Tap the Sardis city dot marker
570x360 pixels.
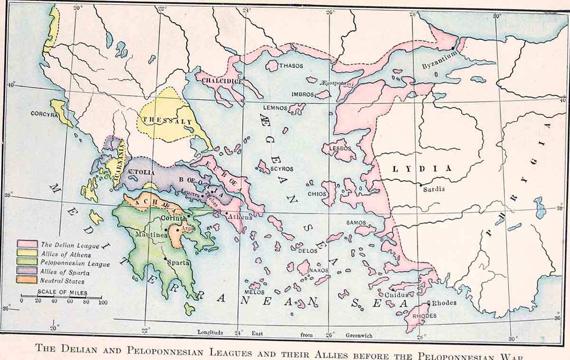click(x=421, y=184)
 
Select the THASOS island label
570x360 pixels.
click(x=291, y=66)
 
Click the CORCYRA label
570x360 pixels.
click(x=44, y=114)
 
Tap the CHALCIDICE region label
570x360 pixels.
click(x=223, y=81)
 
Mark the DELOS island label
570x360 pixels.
click(x=307, y=250)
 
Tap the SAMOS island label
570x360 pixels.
click(x=356, y=222)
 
